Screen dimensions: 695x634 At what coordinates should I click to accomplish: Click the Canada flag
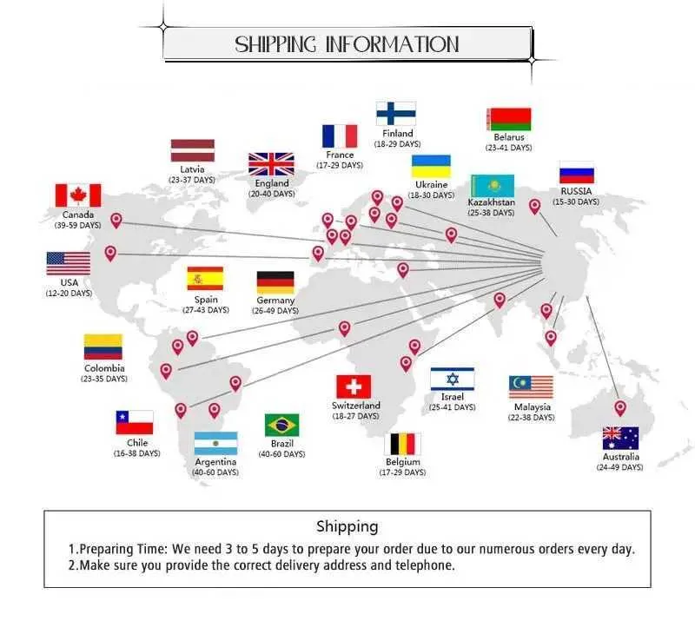coord(78,195)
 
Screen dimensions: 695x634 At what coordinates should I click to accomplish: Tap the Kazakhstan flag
coord(493,186)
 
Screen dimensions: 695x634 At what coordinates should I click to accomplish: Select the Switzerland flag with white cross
coord(354,386)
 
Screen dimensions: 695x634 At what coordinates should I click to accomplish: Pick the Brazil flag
coord(281,426)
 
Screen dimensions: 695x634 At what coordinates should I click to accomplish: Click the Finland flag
coord(396,114)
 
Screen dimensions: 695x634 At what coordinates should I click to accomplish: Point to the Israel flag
coord(452,379)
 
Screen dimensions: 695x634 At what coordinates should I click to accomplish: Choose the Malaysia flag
coord(531,387)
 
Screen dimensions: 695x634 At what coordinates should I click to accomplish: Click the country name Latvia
coord(192,169)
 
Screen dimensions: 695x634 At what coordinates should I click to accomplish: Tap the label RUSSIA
coord(576,191)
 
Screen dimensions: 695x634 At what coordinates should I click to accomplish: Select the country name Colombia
coord(104,368)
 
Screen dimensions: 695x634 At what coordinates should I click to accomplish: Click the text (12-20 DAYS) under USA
coord(69,294)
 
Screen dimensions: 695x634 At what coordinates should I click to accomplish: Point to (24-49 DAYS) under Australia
coord(619,467)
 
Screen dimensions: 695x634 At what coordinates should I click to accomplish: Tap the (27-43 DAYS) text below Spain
coord(206,310)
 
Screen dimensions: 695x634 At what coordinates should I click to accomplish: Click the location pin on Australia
coord(620,408)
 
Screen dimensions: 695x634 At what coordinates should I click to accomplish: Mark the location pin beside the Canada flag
coord(116,221)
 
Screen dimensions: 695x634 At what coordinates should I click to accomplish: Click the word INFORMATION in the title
coord(393,44)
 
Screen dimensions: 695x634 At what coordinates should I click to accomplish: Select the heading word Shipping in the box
coord(347,527)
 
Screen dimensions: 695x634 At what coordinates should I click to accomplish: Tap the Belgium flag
coord(402,445)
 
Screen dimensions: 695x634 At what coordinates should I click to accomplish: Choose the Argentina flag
coord(215,444)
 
